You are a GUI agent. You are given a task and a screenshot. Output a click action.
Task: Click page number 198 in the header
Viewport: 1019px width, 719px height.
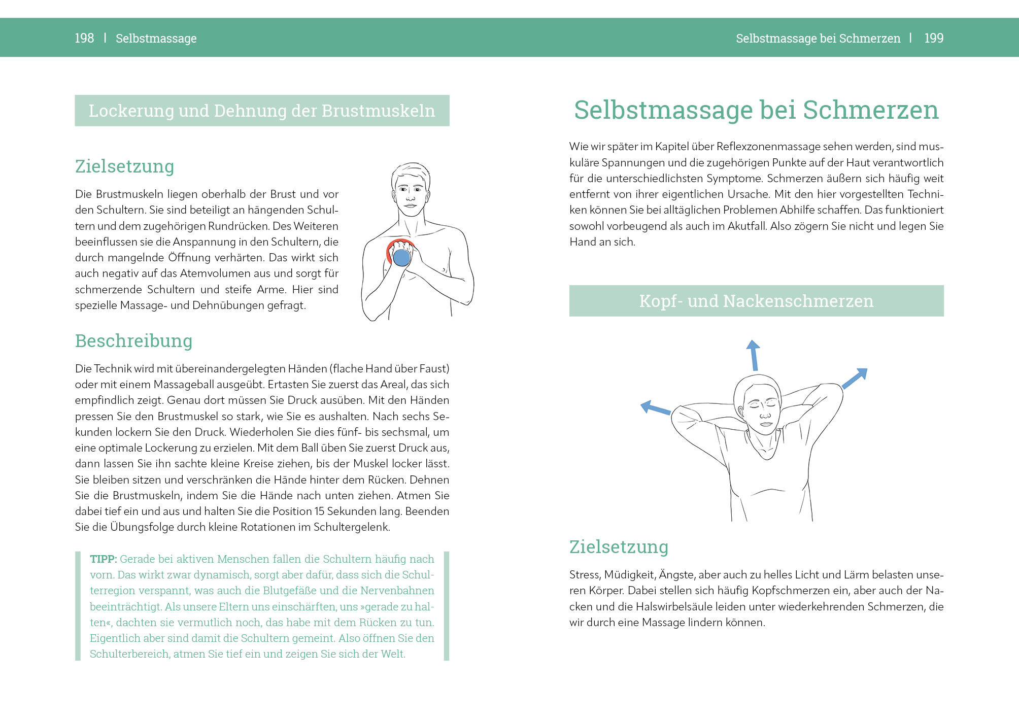pyautogui.click(x=84, y=38)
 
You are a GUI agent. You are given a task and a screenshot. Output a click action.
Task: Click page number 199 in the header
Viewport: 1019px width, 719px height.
pyautogui.click(x=934, y=38)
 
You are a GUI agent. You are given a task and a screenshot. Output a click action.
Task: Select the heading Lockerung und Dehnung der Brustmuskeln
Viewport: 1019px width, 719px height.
pyautogui.click(x=262, y=111)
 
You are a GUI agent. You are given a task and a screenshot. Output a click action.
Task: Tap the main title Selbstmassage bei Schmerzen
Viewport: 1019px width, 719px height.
pyautogui.click(x=756, y=110)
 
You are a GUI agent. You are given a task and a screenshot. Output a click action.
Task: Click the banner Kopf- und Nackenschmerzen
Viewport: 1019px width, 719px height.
pyautogui.click(x=756, y=301)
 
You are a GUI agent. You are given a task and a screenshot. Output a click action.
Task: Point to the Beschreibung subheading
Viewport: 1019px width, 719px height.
pyautogui.click(x=133, y=341)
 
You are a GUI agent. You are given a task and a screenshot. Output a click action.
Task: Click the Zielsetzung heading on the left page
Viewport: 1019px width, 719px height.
pyautogui.click(x=124, y=166)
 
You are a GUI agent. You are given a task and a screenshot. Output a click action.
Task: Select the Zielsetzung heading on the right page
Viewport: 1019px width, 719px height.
pyautogui.click(x=619, y=547)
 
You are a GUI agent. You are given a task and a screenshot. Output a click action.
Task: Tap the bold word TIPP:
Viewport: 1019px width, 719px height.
pyautogui.click(x=103, y=559)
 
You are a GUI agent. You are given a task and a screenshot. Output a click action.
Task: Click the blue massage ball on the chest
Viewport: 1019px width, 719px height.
pyautogui.click(x=401, y=258)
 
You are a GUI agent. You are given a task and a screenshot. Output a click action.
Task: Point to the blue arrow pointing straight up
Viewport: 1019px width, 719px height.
pyautogui.click(x=754, y=355)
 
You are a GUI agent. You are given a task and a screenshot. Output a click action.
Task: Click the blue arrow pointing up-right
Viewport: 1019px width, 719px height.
pyautogui.click(x=856, y=378)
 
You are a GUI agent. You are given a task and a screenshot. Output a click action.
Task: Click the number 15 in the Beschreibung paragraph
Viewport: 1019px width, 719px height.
pyautogui.click(x=319, y=511)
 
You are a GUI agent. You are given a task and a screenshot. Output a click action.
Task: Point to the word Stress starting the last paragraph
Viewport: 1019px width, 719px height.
pyautogui.click(x=584, y=575)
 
